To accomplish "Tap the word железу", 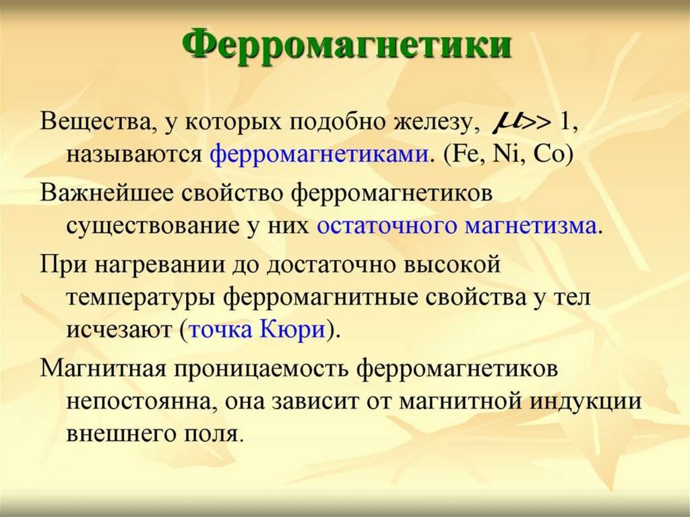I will (435, 123).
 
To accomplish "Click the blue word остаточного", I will (386, 224).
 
